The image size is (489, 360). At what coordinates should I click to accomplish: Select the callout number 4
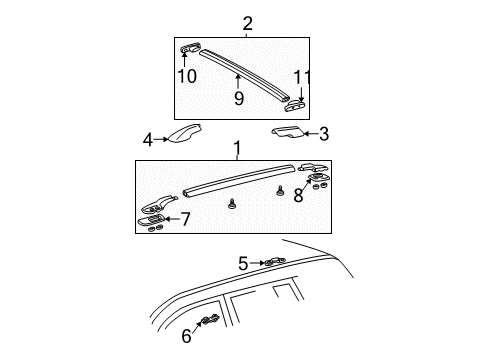pos(147,140)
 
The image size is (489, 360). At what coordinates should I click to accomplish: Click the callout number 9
pos(238,98)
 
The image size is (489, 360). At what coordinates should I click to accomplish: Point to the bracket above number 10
pos(193,49)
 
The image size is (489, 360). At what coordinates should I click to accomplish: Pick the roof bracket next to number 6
pos(211,321)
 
